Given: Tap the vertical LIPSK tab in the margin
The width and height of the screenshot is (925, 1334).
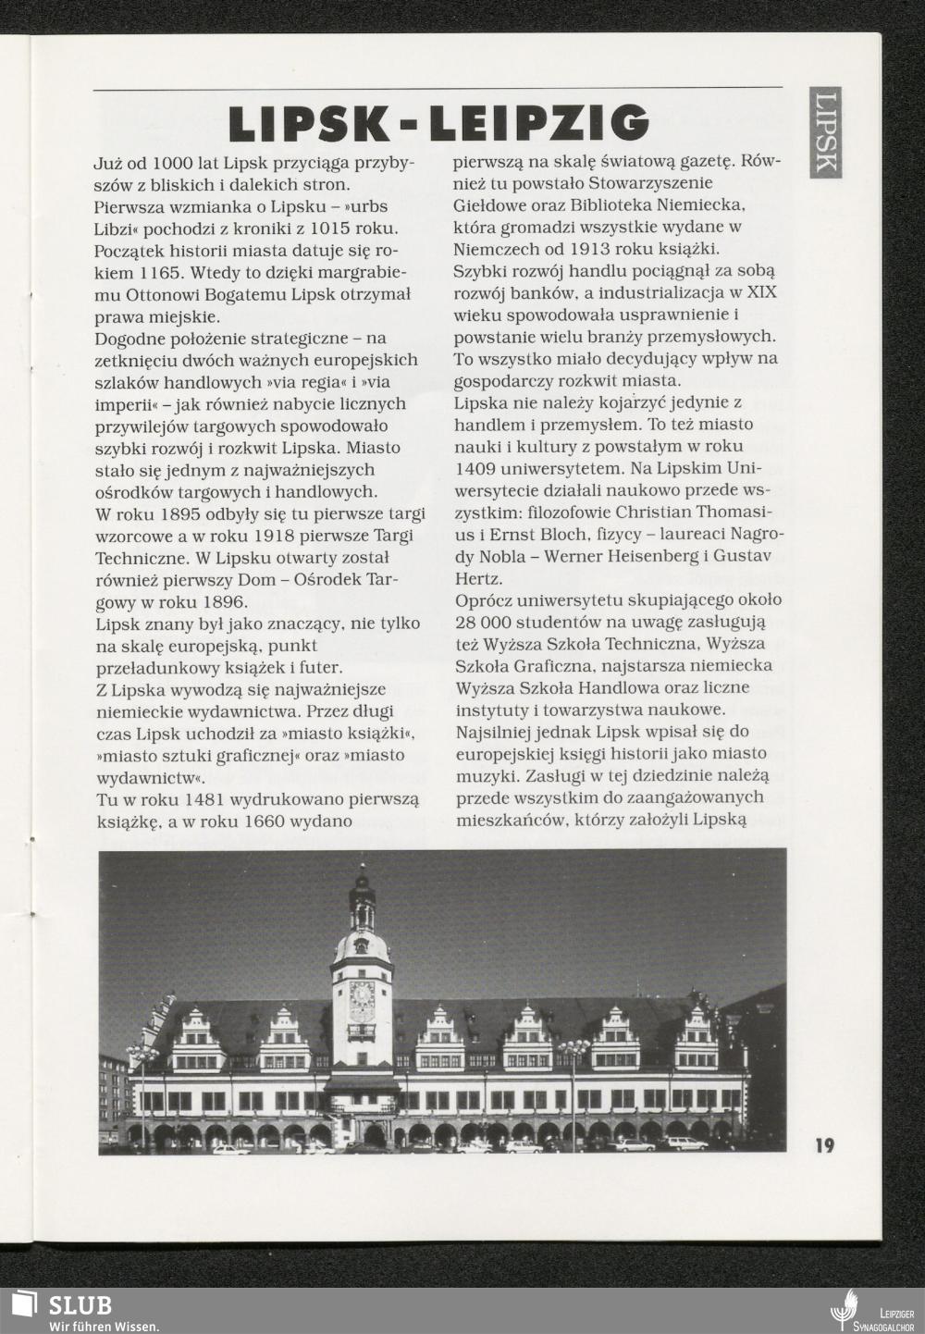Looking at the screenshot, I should (x=826, y=131).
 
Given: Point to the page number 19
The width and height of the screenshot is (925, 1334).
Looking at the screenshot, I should (x=824, y=1145).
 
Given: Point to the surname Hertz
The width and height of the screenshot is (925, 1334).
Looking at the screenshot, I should (x=475, y=578).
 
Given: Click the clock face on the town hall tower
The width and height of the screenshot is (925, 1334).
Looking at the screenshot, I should (x=362, y=995).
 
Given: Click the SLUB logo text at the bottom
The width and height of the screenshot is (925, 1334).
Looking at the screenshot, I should (x=80, y=1305).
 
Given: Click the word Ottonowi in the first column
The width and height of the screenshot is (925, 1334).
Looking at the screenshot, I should (x=153, y=295).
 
